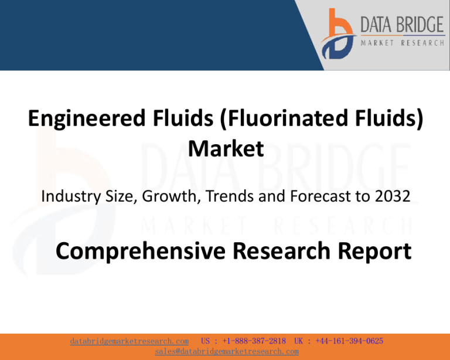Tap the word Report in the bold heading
[374, 252]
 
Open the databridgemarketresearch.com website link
[129, 341]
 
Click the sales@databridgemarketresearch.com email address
[227, 351]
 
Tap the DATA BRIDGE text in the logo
[401, 25]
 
